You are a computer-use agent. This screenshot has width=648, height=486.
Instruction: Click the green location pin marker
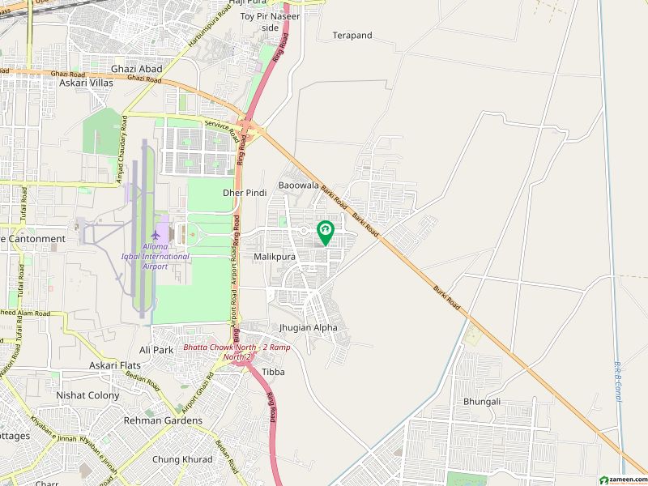point(325,232)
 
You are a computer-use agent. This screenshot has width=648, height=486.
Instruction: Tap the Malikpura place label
point(274,256)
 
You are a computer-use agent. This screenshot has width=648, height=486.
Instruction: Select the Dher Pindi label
point(245,193)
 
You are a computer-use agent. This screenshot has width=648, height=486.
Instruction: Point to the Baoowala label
point(300,185)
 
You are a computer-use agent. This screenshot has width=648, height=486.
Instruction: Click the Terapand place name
point(352,36)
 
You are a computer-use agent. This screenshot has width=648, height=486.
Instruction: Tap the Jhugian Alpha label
point(307,328)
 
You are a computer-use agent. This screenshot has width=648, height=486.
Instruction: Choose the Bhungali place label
point(482,401)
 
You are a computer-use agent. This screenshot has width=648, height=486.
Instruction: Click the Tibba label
point(273,372)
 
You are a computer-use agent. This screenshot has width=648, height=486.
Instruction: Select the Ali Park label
point(156,350)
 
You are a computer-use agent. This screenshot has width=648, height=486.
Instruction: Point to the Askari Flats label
point(114,366)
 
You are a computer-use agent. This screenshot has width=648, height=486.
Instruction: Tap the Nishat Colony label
point(87,395)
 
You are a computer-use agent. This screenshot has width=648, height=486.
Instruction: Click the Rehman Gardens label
point(163,420)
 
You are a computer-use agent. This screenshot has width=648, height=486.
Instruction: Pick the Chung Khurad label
point(182,459)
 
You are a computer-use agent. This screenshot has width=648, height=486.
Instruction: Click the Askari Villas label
point(86,83)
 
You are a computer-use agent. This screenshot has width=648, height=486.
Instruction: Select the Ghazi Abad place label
point(137,69)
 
